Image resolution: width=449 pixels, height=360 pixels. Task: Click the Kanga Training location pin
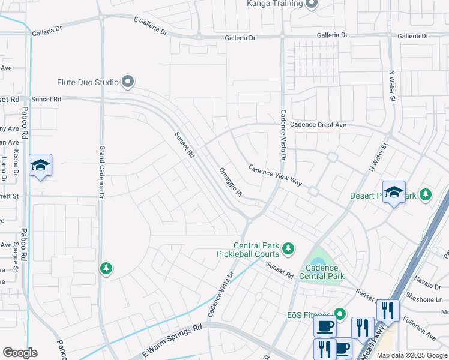point(311,4)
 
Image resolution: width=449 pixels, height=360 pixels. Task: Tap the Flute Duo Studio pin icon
point(127,82)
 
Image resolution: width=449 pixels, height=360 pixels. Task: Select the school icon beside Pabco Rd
point(40,165)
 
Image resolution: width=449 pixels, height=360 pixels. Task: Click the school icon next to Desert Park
point(394,192)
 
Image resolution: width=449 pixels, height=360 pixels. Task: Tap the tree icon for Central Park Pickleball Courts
point(289,248)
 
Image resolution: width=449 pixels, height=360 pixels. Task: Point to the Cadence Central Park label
point(325,272)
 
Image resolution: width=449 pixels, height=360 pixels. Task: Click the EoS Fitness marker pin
point(340,314)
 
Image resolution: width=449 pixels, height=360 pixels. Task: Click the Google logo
point(20,353)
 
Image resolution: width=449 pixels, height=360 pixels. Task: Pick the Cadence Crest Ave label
point(318,125)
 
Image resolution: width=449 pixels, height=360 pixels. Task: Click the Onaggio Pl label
point(230,182)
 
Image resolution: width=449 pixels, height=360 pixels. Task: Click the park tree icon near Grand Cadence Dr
point(106,268)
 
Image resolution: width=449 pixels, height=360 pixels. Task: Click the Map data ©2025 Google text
point(411,355)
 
